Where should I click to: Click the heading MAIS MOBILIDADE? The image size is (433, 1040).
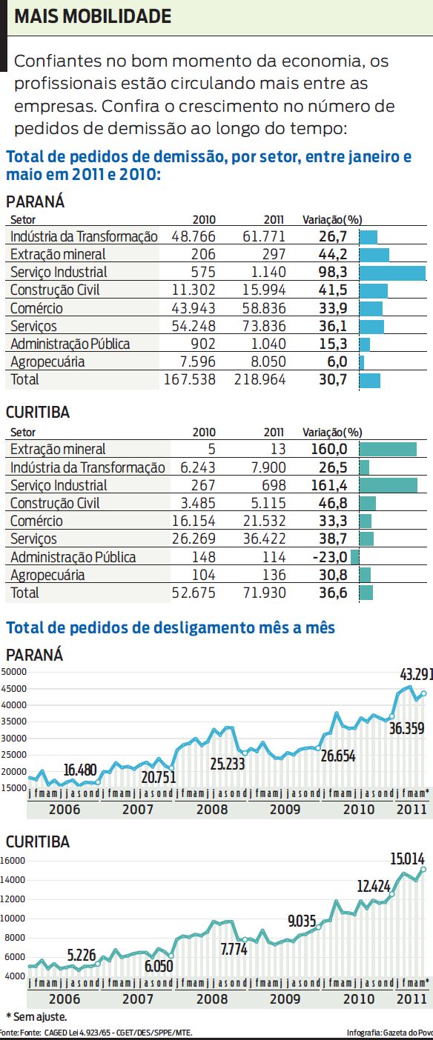click(x=93, y=16)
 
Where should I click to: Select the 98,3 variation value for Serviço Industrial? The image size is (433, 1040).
click(x=333, y=272)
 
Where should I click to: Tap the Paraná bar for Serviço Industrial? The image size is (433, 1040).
click(x=392, y=272)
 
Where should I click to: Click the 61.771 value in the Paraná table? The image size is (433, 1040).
click(x=264, y=236)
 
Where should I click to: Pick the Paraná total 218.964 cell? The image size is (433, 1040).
click(x=264, y=379)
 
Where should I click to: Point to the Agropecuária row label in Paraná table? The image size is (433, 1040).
click(x=58, y=361)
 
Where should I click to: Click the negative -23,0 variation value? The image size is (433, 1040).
click(x=330, y=557)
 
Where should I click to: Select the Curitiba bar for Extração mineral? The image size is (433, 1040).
click(x=388, y=449)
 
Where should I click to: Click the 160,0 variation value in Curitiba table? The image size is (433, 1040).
click(x=330, y=449)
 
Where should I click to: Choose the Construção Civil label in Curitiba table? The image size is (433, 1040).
click(x=55, y=503)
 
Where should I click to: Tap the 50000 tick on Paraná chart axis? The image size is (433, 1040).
click(x=13, y=672)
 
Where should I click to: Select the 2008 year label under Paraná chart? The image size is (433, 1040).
click(x=212, y=809)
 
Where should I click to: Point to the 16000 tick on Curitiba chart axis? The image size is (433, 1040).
click(x=13, y=861)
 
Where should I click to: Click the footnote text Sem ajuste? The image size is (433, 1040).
click(x=36, y=1016)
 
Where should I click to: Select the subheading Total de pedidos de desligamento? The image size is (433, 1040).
click(x=171, y=628)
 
